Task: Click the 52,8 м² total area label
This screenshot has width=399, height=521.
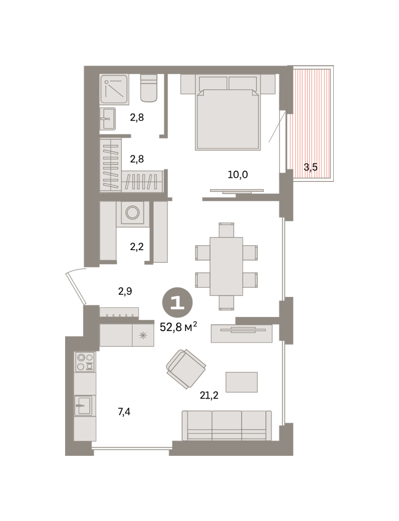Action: (x=178, y=327)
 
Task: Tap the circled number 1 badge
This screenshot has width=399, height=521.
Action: (x=177, y=303)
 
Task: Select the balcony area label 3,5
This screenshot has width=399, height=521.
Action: (x=310, y=167)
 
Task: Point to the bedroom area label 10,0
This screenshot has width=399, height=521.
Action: (x=238, y=175)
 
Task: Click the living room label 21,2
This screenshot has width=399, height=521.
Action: (x=209, y=396)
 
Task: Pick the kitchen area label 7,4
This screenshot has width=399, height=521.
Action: (x=124, y=412)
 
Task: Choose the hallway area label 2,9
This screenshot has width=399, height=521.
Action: (x=125, y=291)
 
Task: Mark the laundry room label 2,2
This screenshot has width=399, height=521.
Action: (x=137, y=247)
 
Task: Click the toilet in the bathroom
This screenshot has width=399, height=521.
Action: (x=148, y=88)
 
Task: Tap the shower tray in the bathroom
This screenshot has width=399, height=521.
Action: (x=114, y=89)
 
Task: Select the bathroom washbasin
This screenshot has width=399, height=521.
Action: (x=108, y=119)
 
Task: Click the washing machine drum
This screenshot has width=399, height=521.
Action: (x=132, y=212)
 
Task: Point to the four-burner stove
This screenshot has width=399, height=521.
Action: (x=85, y=362)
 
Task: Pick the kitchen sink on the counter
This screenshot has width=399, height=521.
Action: (x=83, y=406)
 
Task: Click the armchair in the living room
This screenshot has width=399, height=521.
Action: (x=186, y=369)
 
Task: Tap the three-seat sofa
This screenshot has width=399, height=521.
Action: (x=227, y=426)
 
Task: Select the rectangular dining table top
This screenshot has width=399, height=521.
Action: (x=226, y=267)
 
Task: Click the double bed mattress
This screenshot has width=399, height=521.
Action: (x=228, y=120)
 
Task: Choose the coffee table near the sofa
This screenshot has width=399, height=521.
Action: (x=241, y=382)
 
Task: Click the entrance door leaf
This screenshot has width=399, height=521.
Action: (x=76, y=288)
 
